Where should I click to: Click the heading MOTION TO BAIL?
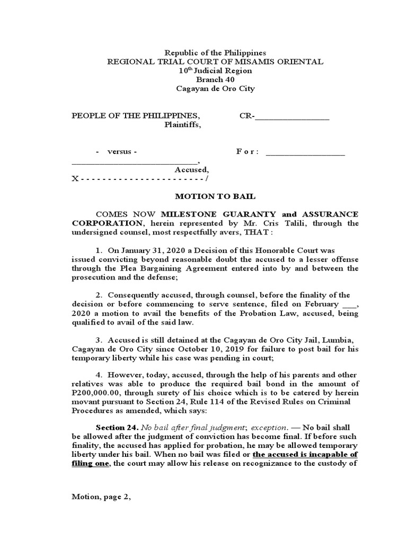tap(215, 196)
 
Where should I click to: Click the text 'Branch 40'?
tap(215, 79)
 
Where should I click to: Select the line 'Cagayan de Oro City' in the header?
tap(215, 88)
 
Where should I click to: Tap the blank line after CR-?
tap(292, 118)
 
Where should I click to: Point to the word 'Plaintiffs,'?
tap(182, 125)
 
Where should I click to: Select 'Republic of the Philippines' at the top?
tap(215, 53)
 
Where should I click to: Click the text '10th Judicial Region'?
tap(215, 70)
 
